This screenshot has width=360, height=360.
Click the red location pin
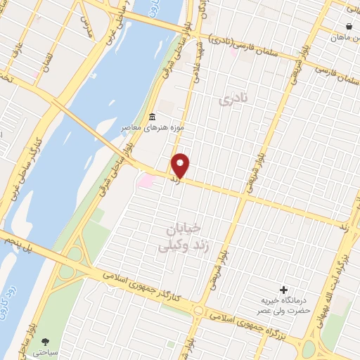point(181,165)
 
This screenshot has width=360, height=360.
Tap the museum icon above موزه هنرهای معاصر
point(152,116)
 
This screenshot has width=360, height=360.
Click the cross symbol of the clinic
point(284,290)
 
